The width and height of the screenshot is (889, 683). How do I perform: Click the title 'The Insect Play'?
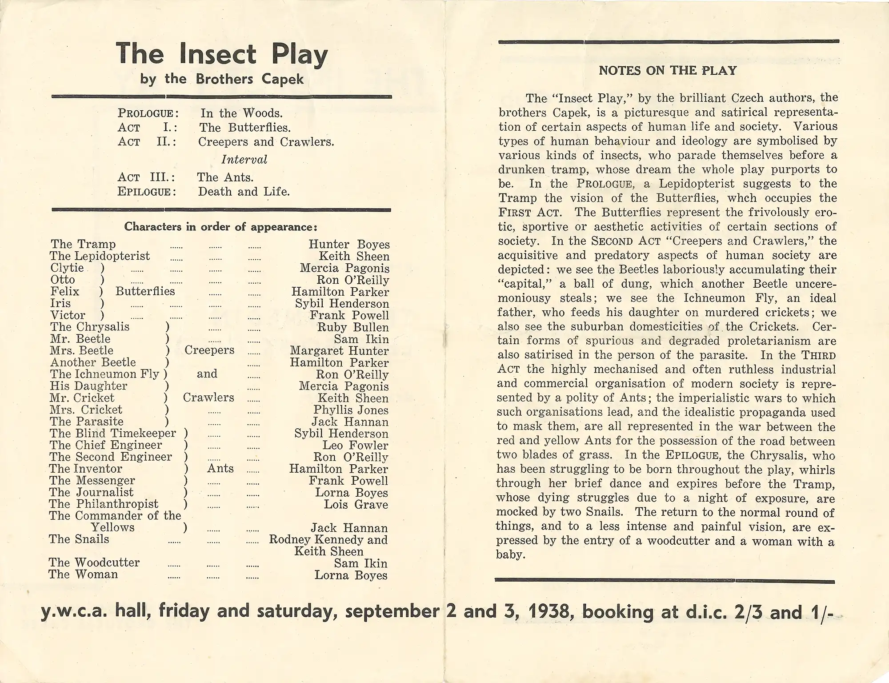coord(222,54)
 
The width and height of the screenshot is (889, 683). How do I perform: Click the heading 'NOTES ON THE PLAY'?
coord(668,71)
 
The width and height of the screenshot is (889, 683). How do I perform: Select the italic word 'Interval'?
coord(244,160)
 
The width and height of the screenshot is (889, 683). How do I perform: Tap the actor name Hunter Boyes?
coord(349,245)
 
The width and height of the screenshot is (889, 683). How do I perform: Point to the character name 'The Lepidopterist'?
coord(100,256)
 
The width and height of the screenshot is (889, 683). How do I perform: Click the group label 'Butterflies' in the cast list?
coord(145,291)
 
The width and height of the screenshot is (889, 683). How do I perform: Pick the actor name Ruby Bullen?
coord(352,327)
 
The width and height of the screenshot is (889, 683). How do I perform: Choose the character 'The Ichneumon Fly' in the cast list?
coord(105,374)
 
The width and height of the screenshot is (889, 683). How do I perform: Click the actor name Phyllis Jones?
coord(351,410)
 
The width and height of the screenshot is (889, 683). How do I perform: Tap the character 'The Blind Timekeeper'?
coord(113,433)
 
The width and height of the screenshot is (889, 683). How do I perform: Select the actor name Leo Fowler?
coord(355,445)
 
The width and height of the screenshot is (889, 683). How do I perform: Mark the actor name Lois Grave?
coord(356,504)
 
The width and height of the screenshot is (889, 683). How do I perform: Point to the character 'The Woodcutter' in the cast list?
coord(94,562)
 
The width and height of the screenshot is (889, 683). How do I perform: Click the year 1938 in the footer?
coord(552,612)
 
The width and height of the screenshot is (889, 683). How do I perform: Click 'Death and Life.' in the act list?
coord(244,192)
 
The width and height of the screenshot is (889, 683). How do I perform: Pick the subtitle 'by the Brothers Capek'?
coord(222,79)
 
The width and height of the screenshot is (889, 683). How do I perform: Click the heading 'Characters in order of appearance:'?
coord(221,227)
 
